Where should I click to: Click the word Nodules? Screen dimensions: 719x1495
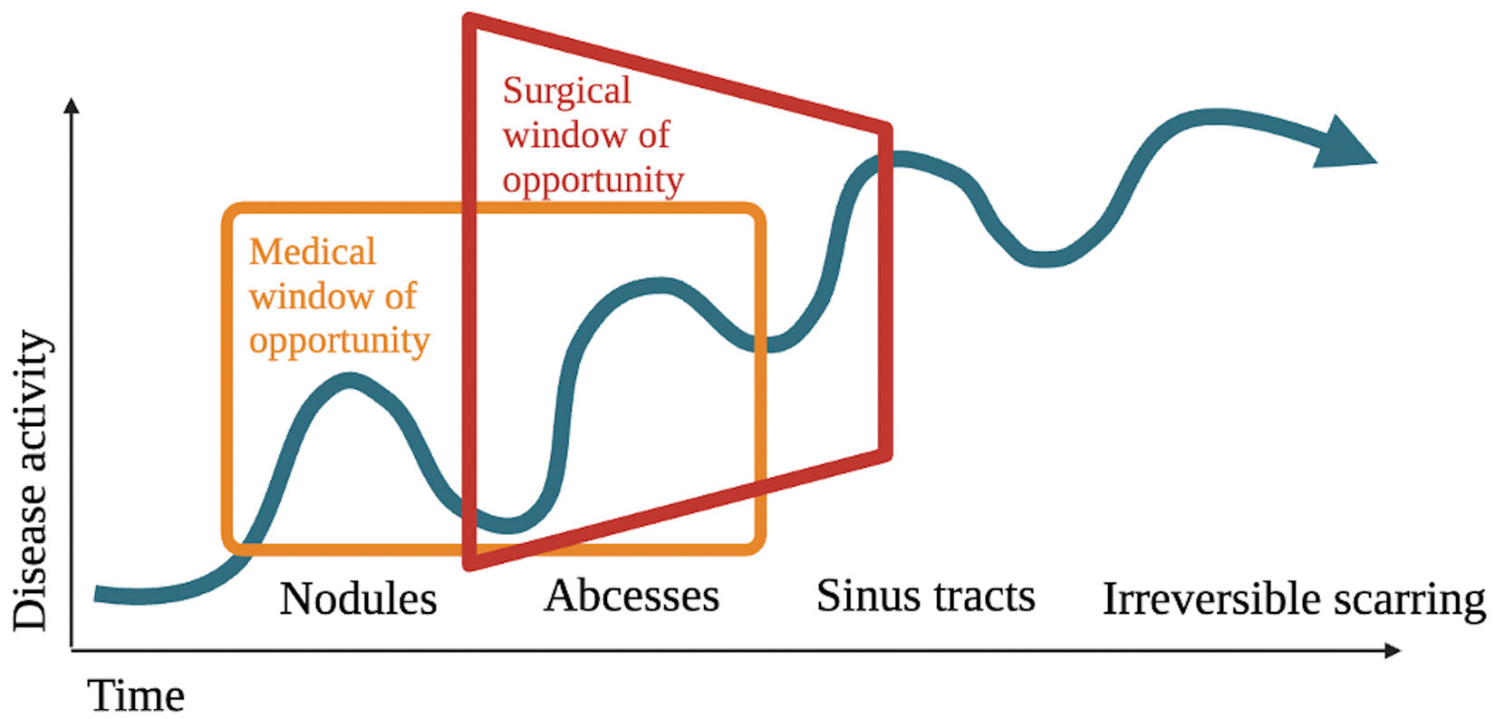[358, 599]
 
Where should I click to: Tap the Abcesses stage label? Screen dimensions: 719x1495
[632, 597]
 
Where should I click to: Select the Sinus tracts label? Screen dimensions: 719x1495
[925, 597]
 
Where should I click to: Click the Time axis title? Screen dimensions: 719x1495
[137, 696]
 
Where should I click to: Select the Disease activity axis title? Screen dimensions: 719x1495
[31, 481]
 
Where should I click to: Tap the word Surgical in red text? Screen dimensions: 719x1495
[566, 92]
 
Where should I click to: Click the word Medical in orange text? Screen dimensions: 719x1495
[312, 252]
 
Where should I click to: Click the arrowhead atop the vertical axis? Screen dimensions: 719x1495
[72, 106]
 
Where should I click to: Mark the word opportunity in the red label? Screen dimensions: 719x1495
[593, 180]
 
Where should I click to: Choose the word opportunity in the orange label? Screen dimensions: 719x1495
[339, 341]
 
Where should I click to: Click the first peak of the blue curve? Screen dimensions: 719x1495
[350, 381]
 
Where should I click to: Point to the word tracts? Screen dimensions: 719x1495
[987, 597]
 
